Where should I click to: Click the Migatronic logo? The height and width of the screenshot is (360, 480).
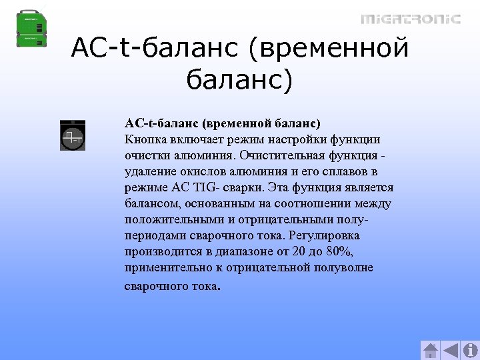click(411, 19)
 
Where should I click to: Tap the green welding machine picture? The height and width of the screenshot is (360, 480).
click(31, 27)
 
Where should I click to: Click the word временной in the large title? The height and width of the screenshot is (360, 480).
click(333, 47)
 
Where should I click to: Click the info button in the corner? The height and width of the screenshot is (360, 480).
click(469, 350)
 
